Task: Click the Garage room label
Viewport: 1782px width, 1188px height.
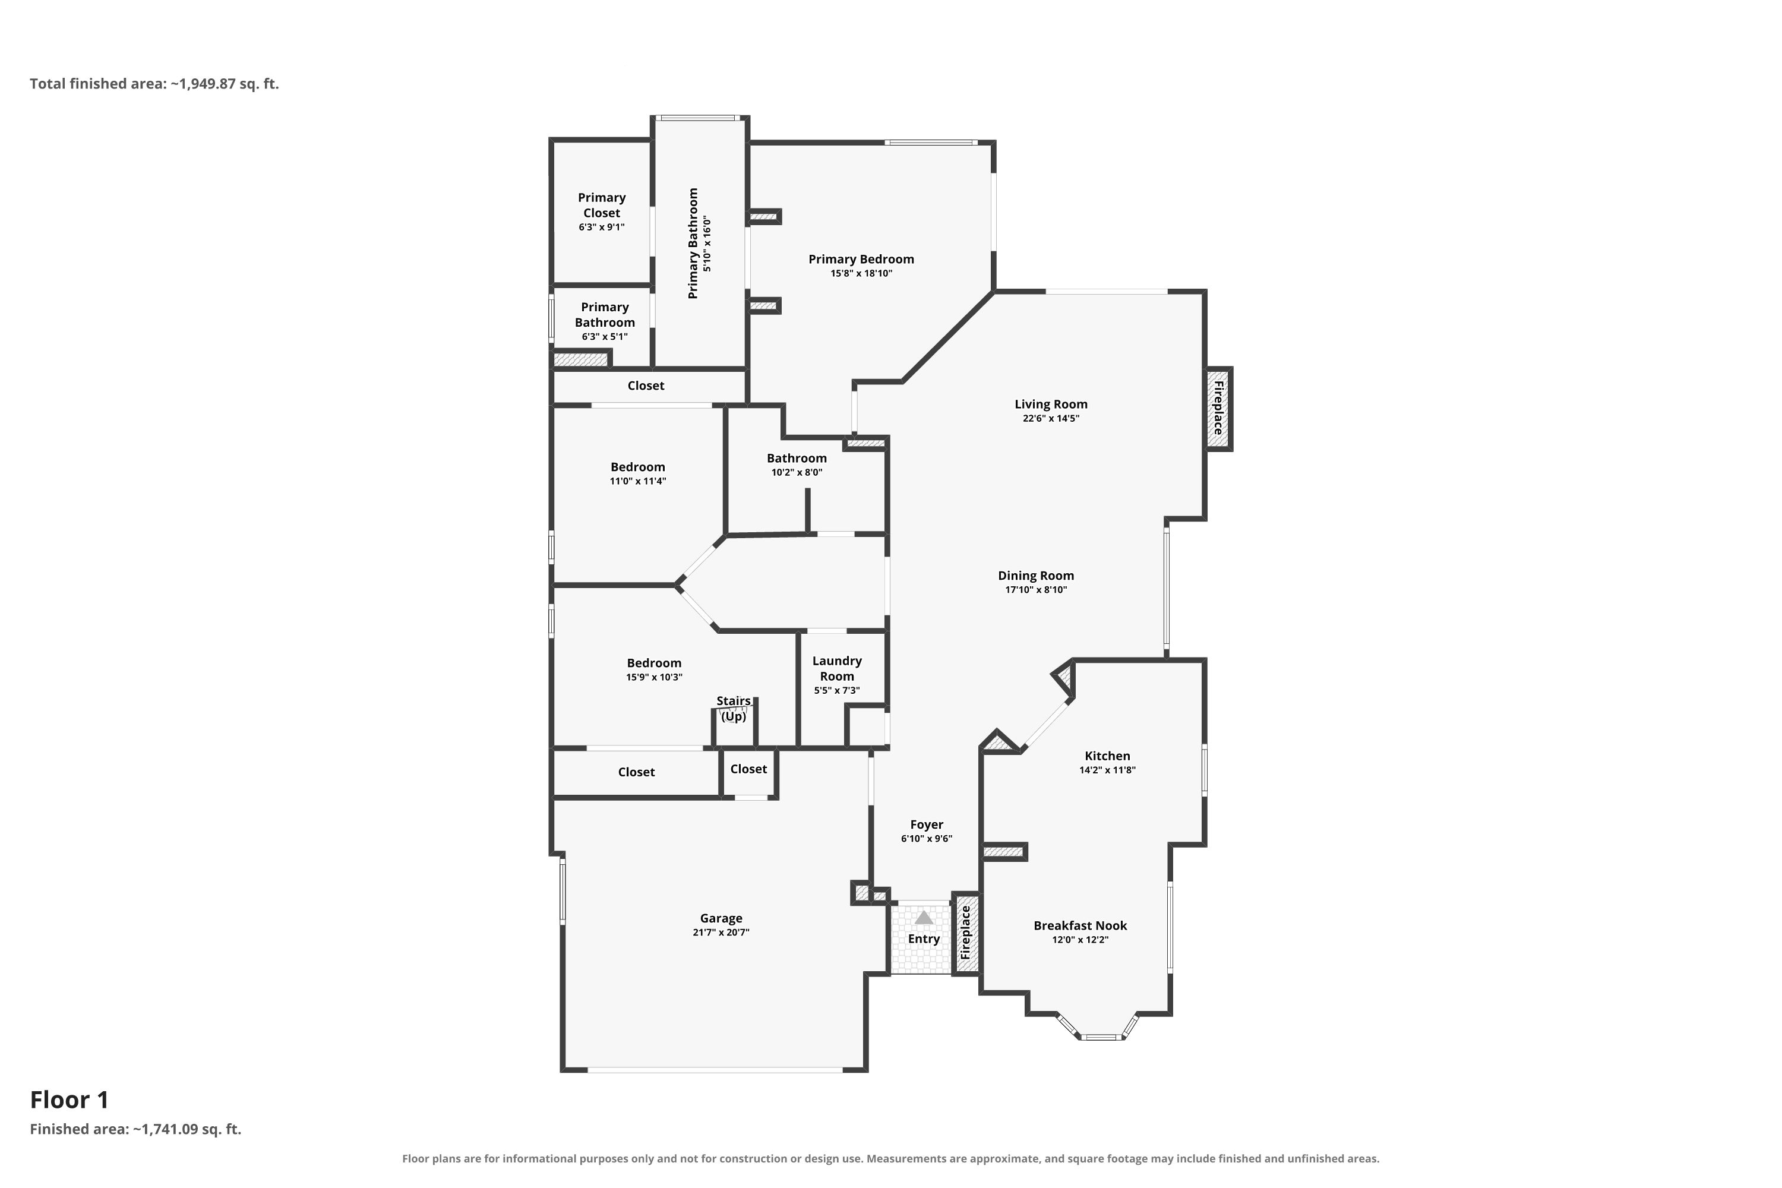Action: pyautogui.click(x=721, y=918)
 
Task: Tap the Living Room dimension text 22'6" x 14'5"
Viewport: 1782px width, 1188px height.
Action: pyautogui.click(x=1051, y=418)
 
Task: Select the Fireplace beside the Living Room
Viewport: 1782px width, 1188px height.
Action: pyautogui.click(x=1218, y=409)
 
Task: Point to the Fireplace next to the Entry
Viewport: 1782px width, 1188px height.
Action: pyautogui.click(x=966, y=933)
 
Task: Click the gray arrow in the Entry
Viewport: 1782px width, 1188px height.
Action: pyautogui.click(x=924, y=918)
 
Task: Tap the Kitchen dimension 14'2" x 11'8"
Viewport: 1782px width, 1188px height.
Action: pyautogui.click(x=1107, y=770)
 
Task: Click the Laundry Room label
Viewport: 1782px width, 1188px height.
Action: pyautogui.click(x=837, y=668)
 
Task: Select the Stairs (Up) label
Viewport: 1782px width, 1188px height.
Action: pyautogui.click(x=734, y=709)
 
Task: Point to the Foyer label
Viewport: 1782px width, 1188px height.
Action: pyautogui.click(x=927, y=824)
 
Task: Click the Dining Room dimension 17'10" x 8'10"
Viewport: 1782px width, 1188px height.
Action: pyautogui.click(x=1036, y=589)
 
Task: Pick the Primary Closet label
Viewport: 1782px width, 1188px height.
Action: pyautogui.click(x=602, y=206)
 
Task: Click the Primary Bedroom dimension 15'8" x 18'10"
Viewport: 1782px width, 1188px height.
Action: pyautogui.click(x=861, y=273)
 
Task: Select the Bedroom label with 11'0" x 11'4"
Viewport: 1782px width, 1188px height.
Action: pyautogui.click(x=638, y=467)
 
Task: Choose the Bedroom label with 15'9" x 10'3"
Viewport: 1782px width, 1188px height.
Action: pyautogui.click(x=654, y=663)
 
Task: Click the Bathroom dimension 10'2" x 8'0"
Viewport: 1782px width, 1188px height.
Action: pyautogui.click(x=797, y=472)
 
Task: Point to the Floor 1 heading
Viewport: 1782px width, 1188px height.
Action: pyautogui.click(x=69, y=1099)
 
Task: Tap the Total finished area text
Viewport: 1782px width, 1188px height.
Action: pyautogui.click(x=154, y=83)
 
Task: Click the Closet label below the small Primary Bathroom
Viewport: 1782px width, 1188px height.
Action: pyautogui.click(x=646, y=386)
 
